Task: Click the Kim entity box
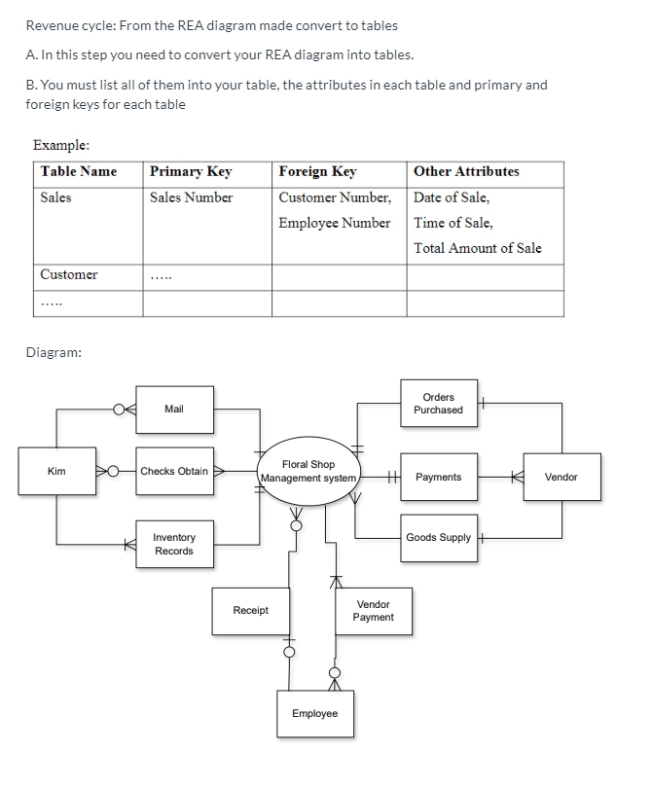56,472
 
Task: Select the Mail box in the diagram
174,410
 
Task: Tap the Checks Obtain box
174,472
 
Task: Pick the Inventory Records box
174,545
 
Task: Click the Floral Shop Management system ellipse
308,472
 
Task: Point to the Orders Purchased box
438,404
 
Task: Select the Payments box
438,478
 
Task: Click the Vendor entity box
561,478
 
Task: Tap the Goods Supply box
438,538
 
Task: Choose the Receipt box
250,611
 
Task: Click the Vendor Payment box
373,611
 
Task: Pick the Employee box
314,714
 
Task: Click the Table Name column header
79,172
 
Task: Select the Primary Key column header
191,172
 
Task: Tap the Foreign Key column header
317,172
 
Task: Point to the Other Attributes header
466,172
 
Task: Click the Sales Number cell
192,197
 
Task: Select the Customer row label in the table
69,274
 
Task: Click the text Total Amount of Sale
477,248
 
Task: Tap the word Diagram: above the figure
54,352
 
